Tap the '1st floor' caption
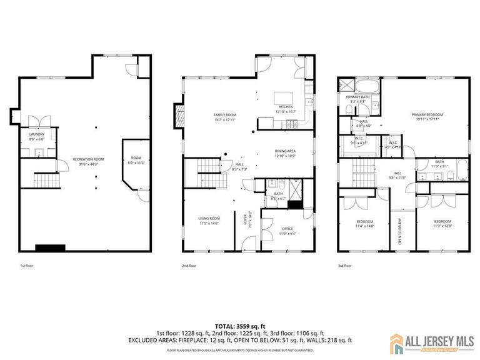click(x=26, y=266)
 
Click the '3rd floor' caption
click(x=344, y=266)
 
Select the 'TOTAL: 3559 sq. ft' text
click(x=240, y=326)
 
